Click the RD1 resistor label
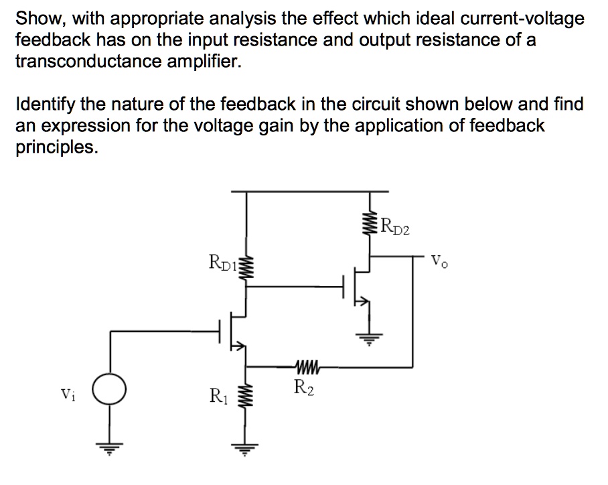pyautogui.click(x=223, y=261)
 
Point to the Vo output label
pyautogui.click(x=439, y=259)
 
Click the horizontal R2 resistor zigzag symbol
pyautogui.click(x=306, y=367)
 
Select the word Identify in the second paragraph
pyautogui.click(x=44, y=105)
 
